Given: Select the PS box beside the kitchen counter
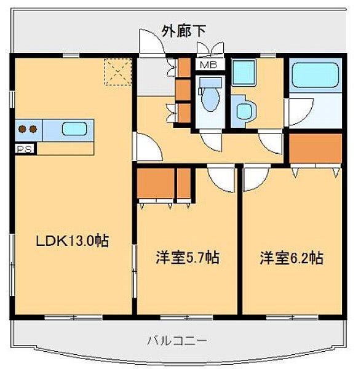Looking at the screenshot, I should (x=25, y=148).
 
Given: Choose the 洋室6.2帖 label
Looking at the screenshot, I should (x=291, y=258).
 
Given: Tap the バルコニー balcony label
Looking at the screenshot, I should (x=177, y=340).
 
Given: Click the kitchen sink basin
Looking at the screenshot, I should (x=74, y=129).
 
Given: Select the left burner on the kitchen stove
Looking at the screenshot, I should (x=23, y=129).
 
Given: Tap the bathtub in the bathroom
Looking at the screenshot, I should (x=314, y=75).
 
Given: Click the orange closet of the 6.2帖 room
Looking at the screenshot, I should (x=315, y=148).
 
